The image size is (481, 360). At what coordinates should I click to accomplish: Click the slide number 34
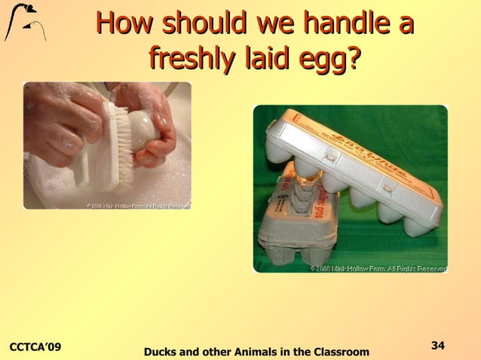[x=437, y=345]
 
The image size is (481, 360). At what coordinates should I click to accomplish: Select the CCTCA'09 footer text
[x=35, y=346]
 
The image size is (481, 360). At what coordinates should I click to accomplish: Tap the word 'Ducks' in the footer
[x=161, y=352]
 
